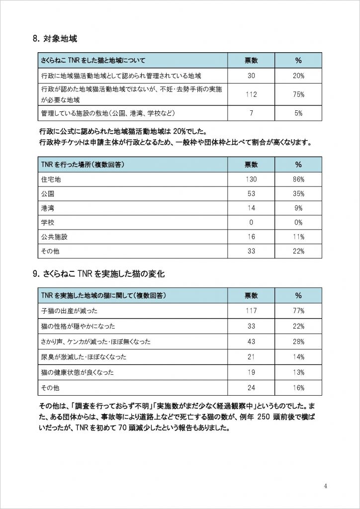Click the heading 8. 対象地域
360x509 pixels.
click(x=54, y=38)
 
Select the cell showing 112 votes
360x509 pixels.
click(x=251, y=94)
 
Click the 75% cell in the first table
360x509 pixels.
click(x=298, y=94)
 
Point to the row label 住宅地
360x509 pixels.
click(x=51, y=179)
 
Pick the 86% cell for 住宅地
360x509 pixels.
click(x=298, y=179)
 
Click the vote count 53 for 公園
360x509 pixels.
click(x=251, y=193)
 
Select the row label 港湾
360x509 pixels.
click(x=48, y=208)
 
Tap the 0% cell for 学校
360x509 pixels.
click(x=298, y=223)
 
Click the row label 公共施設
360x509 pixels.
click(x=54, y=237)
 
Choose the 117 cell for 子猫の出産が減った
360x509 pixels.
click(x=251, y=311)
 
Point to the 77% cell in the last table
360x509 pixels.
click(x=298, y=311)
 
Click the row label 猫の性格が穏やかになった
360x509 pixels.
click(x=78, y=326)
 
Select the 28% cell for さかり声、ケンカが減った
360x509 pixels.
click(x=298, y=341)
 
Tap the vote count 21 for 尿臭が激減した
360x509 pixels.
click(x=251, y=357)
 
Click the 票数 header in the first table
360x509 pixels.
click(x=251, y=61)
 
